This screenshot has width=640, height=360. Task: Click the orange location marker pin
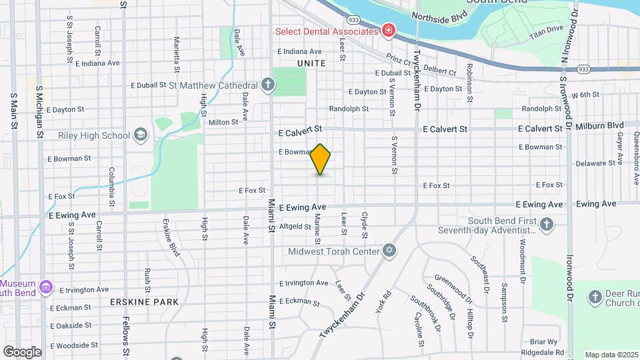(321, 159)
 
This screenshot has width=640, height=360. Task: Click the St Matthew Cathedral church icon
(267, 85)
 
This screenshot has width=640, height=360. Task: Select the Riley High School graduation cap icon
(140, 135)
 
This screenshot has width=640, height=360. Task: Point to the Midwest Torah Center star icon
(390, 251)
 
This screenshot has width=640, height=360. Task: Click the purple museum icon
(45, 287)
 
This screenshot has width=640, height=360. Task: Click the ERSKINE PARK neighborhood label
(145, 302)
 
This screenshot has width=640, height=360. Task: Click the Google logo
(22, 351)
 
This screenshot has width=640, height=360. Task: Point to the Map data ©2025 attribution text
(611, 355)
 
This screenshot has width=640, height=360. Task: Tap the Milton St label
(223, 122)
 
